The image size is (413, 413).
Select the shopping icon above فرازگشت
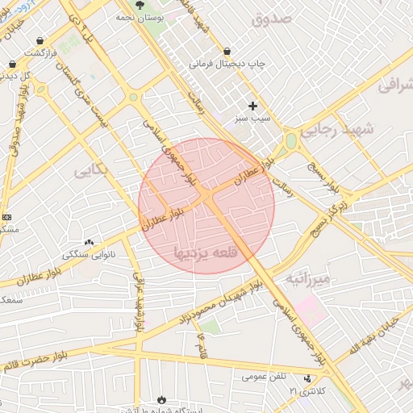[40, 40]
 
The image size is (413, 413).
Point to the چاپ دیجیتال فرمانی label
[228, 62]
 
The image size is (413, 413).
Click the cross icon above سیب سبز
[252, 106]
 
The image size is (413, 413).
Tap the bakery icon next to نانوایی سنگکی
[89, 242]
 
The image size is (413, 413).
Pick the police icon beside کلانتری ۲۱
[307, 378]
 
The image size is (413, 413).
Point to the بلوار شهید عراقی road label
[138, 302]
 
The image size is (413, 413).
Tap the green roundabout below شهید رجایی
[290, 142]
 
